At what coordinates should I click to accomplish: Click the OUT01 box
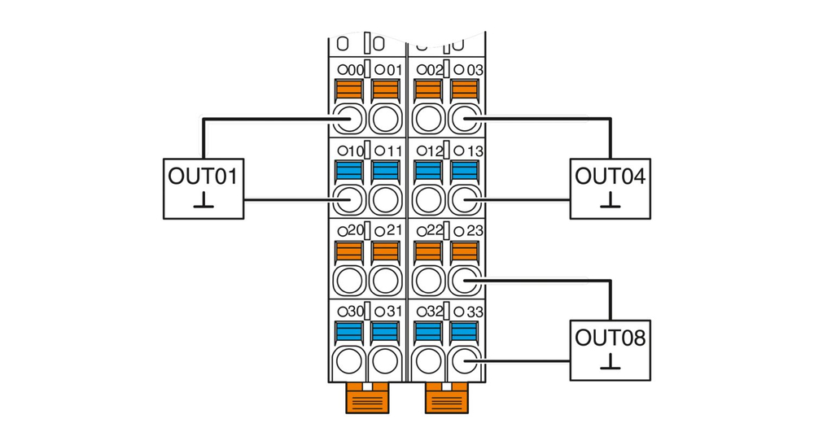pos(203,188)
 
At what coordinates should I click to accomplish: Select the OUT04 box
pos(610,188)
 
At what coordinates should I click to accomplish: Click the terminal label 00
pos(356,70)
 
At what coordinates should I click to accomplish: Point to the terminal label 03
pos(475,70)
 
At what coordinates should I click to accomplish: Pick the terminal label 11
pos(395,151)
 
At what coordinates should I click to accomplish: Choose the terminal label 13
pos(475,151)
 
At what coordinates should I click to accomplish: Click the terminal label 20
pos(356,231)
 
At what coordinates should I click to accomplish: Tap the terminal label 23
pos(475,231)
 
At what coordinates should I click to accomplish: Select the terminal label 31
pos(395,312)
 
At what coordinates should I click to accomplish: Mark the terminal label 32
pos(435,312)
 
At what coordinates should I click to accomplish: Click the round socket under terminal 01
pos(385,119)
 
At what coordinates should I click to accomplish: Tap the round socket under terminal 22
pos(429,281)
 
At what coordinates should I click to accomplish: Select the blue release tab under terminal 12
pos(429,171)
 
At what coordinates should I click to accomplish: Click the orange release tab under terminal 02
pos(429,89)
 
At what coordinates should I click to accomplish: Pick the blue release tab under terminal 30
pos(349,332)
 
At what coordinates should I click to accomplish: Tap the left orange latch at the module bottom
pos(368,399)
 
